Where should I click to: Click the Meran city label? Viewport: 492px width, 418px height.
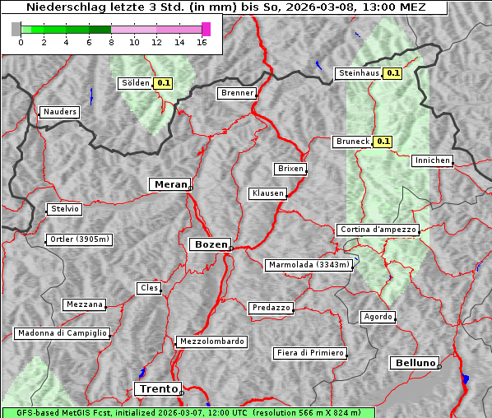(x=170, y=184)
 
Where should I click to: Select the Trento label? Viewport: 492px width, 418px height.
(x=157, y=388)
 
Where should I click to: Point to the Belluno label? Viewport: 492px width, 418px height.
(x=415, y=362)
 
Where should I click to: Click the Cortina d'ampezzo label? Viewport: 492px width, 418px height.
(x=378, y=230)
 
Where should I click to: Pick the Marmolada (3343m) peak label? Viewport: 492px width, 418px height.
(x=309, y=265)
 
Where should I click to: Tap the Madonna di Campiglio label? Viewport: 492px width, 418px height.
(x=62, y=333)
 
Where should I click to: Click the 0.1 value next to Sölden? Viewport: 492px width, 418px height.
(x=164, y=83)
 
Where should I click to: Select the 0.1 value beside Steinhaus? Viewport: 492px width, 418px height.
(x=393, y=73)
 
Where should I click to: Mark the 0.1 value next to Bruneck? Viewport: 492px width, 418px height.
(x=383, y=142)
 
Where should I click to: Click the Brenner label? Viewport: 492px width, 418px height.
(x=237, y=93)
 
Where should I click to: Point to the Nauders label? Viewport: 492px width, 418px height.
(x=59, y=112)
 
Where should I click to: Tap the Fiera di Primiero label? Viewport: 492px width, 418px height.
(x=309, y=353)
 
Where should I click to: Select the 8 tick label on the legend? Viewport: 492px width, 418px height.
(x=111, y=43)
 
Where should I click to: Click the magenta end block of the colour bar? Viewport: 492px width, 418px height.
(x=206, y=29)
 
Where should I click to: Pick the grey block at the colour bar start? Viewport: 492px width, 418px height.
(x=16, y=29)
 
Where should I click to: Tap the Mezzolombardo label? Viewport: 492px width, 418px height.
(x=211, y=341)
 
